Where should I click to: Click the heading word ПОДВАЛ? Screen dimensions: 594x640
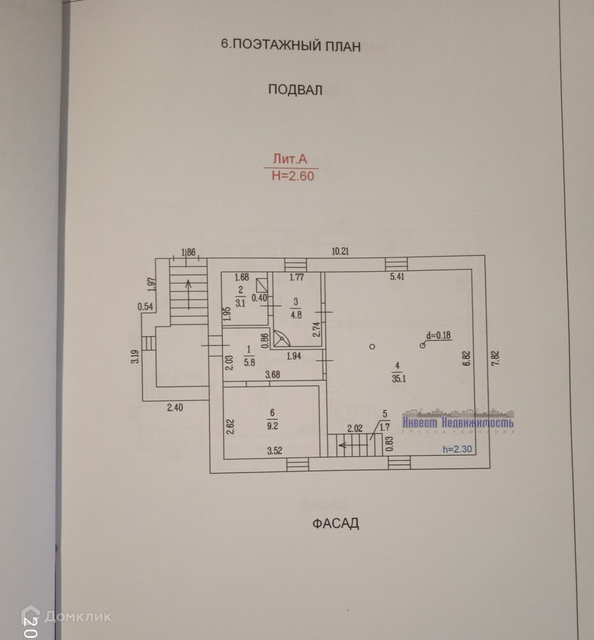[x=295, y=90]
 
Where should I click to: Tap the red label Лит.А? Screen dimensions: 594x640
[x=290, y=159]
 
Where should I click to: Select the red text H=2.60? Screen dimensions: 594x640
[x=293, y=176]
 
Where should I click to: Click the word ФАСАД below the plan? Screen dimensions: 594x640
[x=335, y=523]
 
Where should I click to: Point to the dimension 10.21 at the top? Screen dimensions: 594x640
[x=340, y=251]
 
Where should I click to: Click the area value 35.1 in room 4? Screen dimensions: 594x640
[x=399, y=379]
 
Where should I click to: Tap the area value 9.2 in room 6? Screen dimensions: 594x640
[x=272, y=426]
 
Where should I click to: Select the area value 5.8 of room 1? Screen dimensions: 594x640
[x=249, y=362]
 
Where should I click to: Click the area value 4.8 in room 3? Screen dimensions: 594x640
[x=296, y=315]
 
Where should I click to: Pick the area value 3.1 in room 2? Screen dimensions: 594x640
[x=240, y=303]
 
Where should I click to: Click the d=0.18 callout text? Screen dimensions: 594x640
[x=438, y=336]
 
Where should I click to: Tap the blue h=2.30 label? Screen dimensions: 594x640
[x=458, y=450]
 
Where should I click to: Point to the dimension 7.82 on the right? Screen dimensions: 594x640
[x=495, y=358]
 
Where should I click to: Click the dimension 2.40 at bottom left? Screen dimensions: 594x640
[x=175, y=407]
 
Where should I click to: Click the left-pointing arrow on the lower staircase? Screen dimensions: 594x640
[x=347, y=445]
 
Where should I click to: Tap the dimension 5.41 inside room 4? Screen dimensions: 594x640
[x=397, y=277]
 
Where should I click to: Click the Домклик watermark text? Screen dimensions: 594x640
[x=78, y=616]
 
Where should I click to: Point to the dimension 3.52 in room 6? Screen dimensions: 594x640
[x=274, y=451]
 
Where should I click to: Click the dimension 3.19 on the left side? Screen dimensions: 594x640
[x=135, y=357]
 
